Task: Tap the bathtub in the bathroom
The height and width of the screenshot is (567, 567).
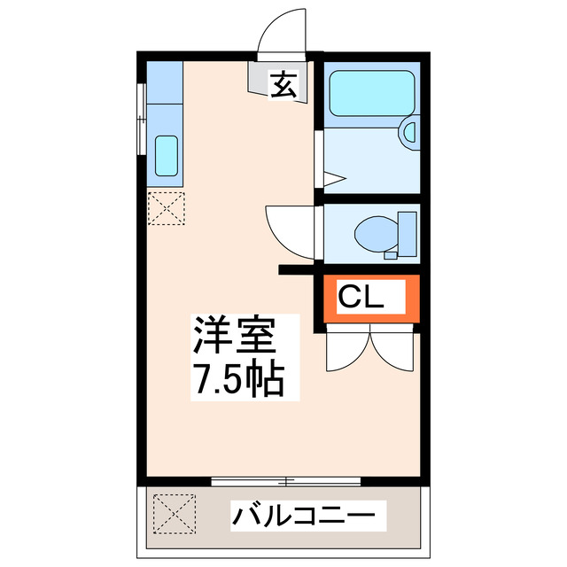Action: coord(369,92)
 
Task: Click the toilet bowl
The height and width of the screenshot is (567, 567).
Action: coord(375,235)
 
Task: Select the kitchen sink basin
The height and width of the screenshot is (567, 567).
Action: coord(166,155)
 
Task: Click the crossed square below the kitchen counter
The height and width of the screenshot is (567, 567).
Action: coord(165,208)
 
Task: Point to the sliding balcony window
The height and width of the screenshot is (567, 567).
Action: coord(285,481)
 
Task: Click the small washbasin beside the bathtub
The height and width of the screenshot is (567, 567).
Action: coord(409,133)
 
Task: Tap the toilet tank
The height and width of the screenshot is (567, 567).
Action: coord(408,232)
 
